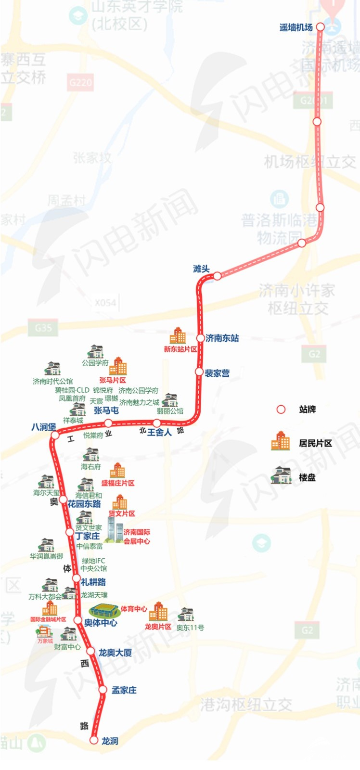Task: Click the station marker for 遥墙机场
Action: point(320,27)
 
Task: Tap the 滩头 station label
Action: point(201,269)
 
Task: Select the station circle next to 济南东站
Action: point(201,338)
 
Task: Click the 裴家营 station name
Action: point(217,373)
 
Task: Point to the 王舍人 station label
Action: point(159,432)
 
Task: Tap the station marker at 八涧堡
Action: point(55,435)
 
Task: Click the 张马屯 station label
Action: point(106,411)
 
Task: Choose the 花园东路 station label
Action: point(84,504)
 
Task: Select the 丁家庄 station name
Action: point(87,536)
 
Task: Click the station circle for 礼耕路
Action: point(76,578)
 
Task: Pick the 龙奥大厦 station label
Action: point(115,653)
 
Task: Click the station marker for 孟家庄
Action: point(103,690)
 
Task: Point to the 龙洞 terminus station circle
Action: point(94,740)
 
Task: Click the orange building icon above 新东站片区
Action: point(178,336)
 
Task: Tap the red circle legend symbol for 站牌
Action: point(281,410)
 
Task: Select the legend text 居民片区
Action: point(315,443)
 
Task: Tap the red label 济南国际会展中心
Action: point(137,537)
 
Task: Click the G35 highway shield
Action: point(43,328)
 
